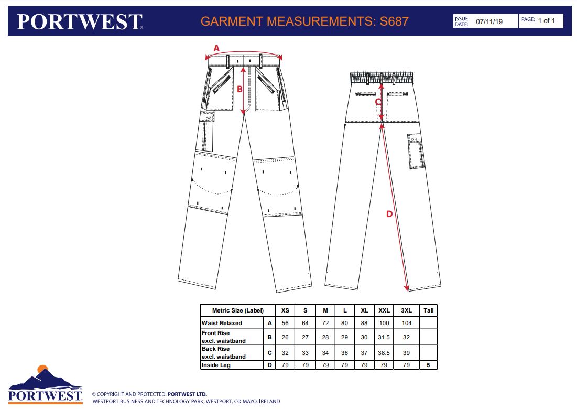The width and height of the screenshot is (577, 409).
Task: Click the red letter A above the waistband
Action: (x=216, y=48)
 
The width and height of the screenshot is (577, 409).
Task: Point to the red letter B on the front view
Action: (x=239, y=89)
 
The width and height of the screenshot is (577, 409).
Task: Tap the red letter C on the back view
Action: (x=377, y=102)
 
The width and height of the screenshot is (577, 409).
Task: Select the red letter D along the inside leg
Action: (x=389, y=214)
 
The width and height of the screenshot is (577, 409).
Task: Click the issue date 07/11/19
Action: (x=489, y=21)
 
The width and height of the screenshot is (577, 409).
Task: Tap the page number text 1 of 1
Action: (x=547, y=20)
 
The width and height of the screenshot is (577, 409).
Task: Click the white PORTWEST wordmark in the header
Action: (x=80, y=21)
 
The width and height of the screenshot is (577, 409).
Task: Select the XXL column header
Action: (x=384, y=310)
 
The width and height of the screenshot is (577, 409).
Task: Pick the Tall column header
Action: (x=428, y=310)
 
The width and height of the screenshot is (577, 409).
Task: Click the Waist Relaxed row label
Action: (x=222, y=323)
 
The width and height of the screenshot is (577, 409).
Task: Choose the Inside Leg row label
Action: (x=216, y=365)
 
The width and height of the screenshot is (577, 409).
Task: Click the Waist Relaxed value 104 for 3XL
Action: (x=406, y=323)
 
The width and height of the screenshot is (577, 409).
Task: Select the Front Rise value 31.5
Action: (x=384, y=337)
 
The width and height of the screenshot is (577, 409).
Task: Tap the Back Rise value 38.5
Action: (x=384, y=353)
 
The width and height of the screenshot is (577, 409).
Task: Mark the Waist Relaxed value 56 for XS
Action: (x=285, y=323)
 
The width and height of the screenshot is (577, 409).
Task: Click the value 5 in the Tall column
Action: (x=428, y=365)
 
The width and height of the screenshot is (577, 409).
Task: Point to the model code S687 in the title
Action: (x=394, y=21)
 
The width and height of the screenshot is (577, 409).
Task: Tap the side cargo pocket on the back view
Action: (x=416, y=152)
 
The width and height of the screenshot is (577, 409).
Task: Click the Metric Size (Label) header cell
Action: (x=238, y=310)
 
